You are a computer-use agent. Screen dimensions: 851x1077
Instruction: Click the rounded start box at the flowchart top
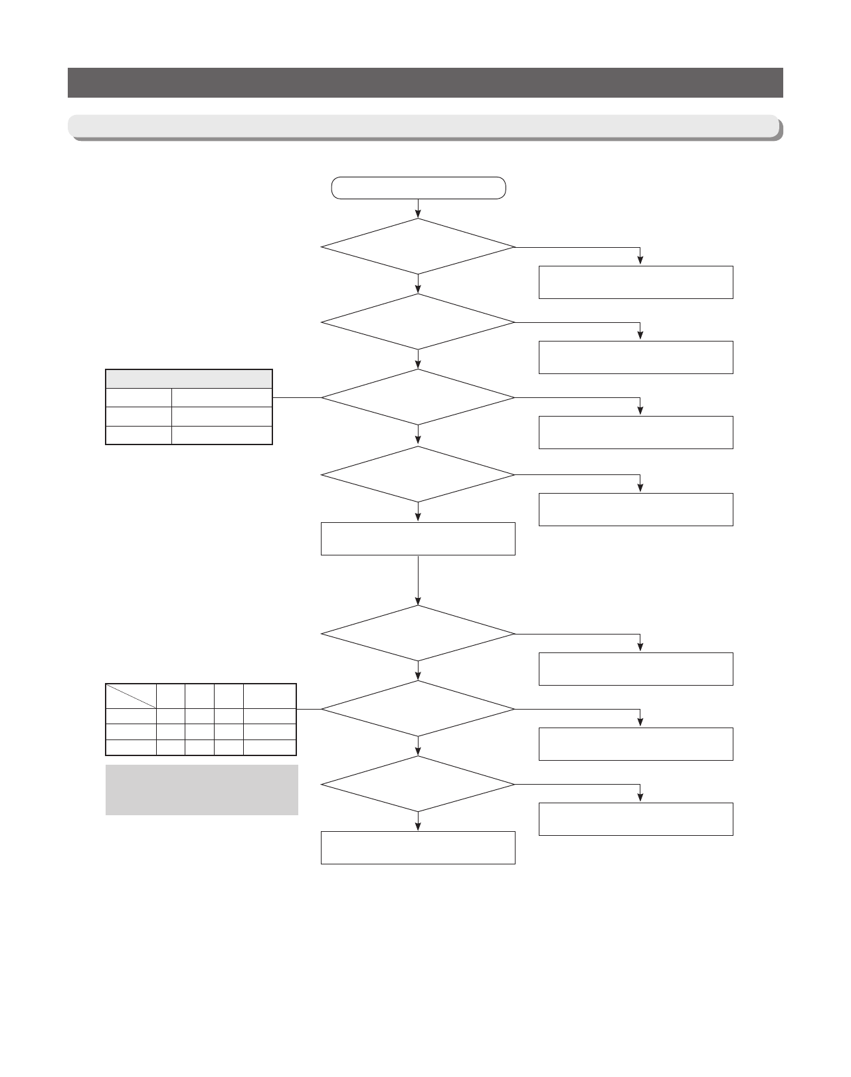coord(419,188)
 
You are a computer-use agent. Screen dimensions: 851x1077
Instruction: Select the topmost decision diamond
coord(418,246)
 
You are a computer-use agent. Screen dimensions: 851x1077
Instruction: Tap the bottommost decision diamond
coord(418,784)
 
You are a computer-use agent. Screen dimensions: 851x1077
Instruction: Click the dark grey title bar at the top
coord(425,82)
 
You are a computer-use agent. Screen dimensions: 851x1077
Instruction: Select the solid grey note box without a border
coord(201,790)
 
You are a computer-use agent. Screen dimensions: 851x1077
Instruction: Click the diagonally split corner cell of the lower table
coord(131,696)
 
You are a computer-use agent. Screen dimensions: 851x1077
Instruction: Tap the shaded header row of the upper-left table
coord(189,379)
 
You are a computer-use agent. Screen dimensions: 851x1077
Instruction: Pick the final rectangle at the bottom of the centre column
coord(418,847)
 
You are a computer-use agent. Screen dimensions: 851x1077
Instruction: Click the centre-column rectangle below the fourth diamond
coord(418,538)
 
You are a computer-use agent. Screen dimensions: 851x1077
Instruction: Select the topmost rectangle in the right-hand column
coord(636,282)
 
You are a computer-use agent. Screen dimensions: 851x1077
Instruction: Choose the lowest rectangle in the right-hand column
coord(636,819)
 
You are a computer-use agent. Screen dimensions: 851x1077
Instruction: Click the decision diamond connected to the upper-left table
coord(418,397)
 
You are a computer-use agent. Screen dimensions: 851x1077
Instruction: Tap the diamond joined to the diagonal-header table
coord(418,709)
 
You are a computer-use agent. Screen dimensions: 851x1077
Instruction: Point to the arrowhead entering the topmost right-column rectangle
coord(640,262)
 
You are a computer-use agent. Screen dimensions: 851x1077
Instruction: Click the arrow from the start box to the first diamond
coord(418,209)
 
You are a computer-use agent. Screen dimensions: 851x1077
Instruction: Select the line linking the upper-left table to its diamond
coord(296,397)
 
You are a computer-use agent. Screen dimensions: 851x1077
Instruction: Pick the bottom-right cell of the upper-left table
coord(222,435)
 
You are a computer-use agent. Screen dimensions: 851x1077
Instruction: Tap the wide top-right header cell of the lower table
coord(269,696)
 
